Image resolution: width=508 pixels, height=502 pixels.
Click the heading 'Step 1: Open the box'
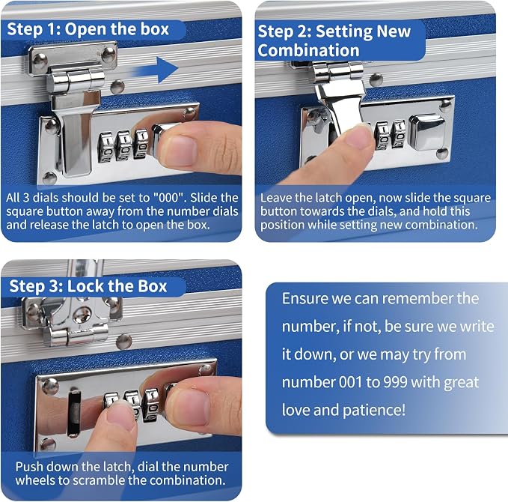pyautogui.click(x=88, y=29)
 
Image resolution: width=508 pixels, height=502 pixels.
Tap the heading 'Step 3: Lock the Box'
pyautogui.click(x=88, y=286)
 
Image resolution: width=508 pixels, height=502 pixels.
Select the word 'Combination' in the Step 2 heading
pyautogui.click(x=308, y=51)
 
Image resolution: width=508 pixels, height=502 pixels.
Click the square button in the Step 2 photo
pyautogui.click(x=427, y=133)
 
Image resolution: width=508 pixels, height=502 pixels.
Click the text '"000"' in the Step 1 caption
pyautogui.click(x=169, y=197)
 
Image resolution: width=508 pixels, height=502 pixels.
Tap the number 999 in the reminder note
pyautogui.click(x=395, y=382)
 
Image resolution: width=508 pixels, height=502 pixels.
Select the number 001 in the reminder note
pyautogui.click(x=350, y=382)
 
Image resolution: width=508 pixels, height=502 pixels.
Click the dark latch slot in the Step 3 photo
pyautogui.click(x=74, y=413)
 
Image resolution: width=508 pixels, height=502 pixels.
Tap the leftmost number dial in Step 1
pyautogui.click(x=106, y=148)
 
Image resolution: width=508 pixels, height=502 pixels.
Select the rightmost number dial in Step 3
pyautogui.click(x=151, y=405)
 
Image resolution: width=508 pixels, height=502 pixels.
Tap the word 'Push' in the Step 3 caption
pyautogui.click(x=27, y=467)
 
